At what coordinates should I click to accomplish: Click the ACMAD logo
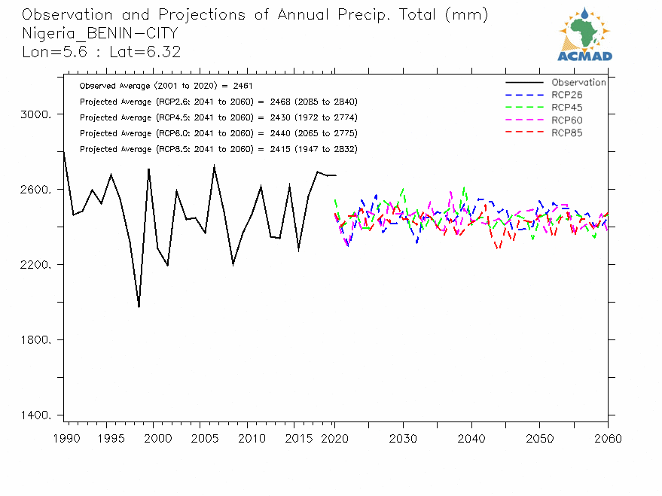pyautogui.click(x=584, y=34)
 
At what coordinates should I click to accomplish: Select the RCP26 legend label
pyautogui.click(x=566, y=95)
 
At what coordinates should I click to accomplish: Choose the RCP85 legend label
pyautogui.click(x=566, y=133)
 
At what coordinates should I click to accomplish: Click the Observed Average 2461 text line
pyautogui.click(x=166, y=86)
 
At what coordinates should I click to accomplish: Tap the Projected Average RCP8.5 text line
pyautogui.click(x=218, y=149)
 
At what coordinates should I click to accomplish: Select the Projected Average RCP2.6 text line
pyautogui.click(x=218, y=102)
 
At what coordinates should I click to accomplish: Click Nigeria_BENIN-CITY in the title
pyautogui.click(x=100, y=33)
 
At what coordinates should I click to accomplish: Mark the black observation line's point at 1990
pyautogui.click(x=64, y=153)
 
